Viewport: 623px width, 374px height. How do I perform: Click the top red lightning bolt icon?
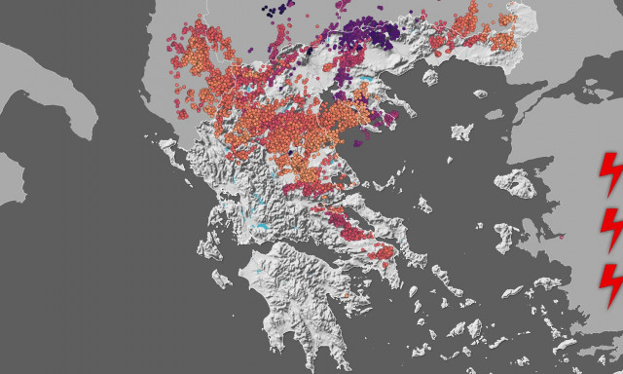[x=610, y=171]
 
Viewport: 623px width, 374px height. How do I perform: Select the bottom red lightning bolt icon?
[x=610, y=281]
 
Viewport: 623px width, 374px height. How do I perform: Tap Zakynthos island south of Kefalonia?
[x=219, y=279]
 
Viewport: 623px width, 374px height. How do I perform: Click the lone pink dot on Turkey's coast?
[x=562, y=236]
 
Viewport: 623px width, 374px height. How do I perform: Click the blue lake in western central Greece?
[x=261, y=230]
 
